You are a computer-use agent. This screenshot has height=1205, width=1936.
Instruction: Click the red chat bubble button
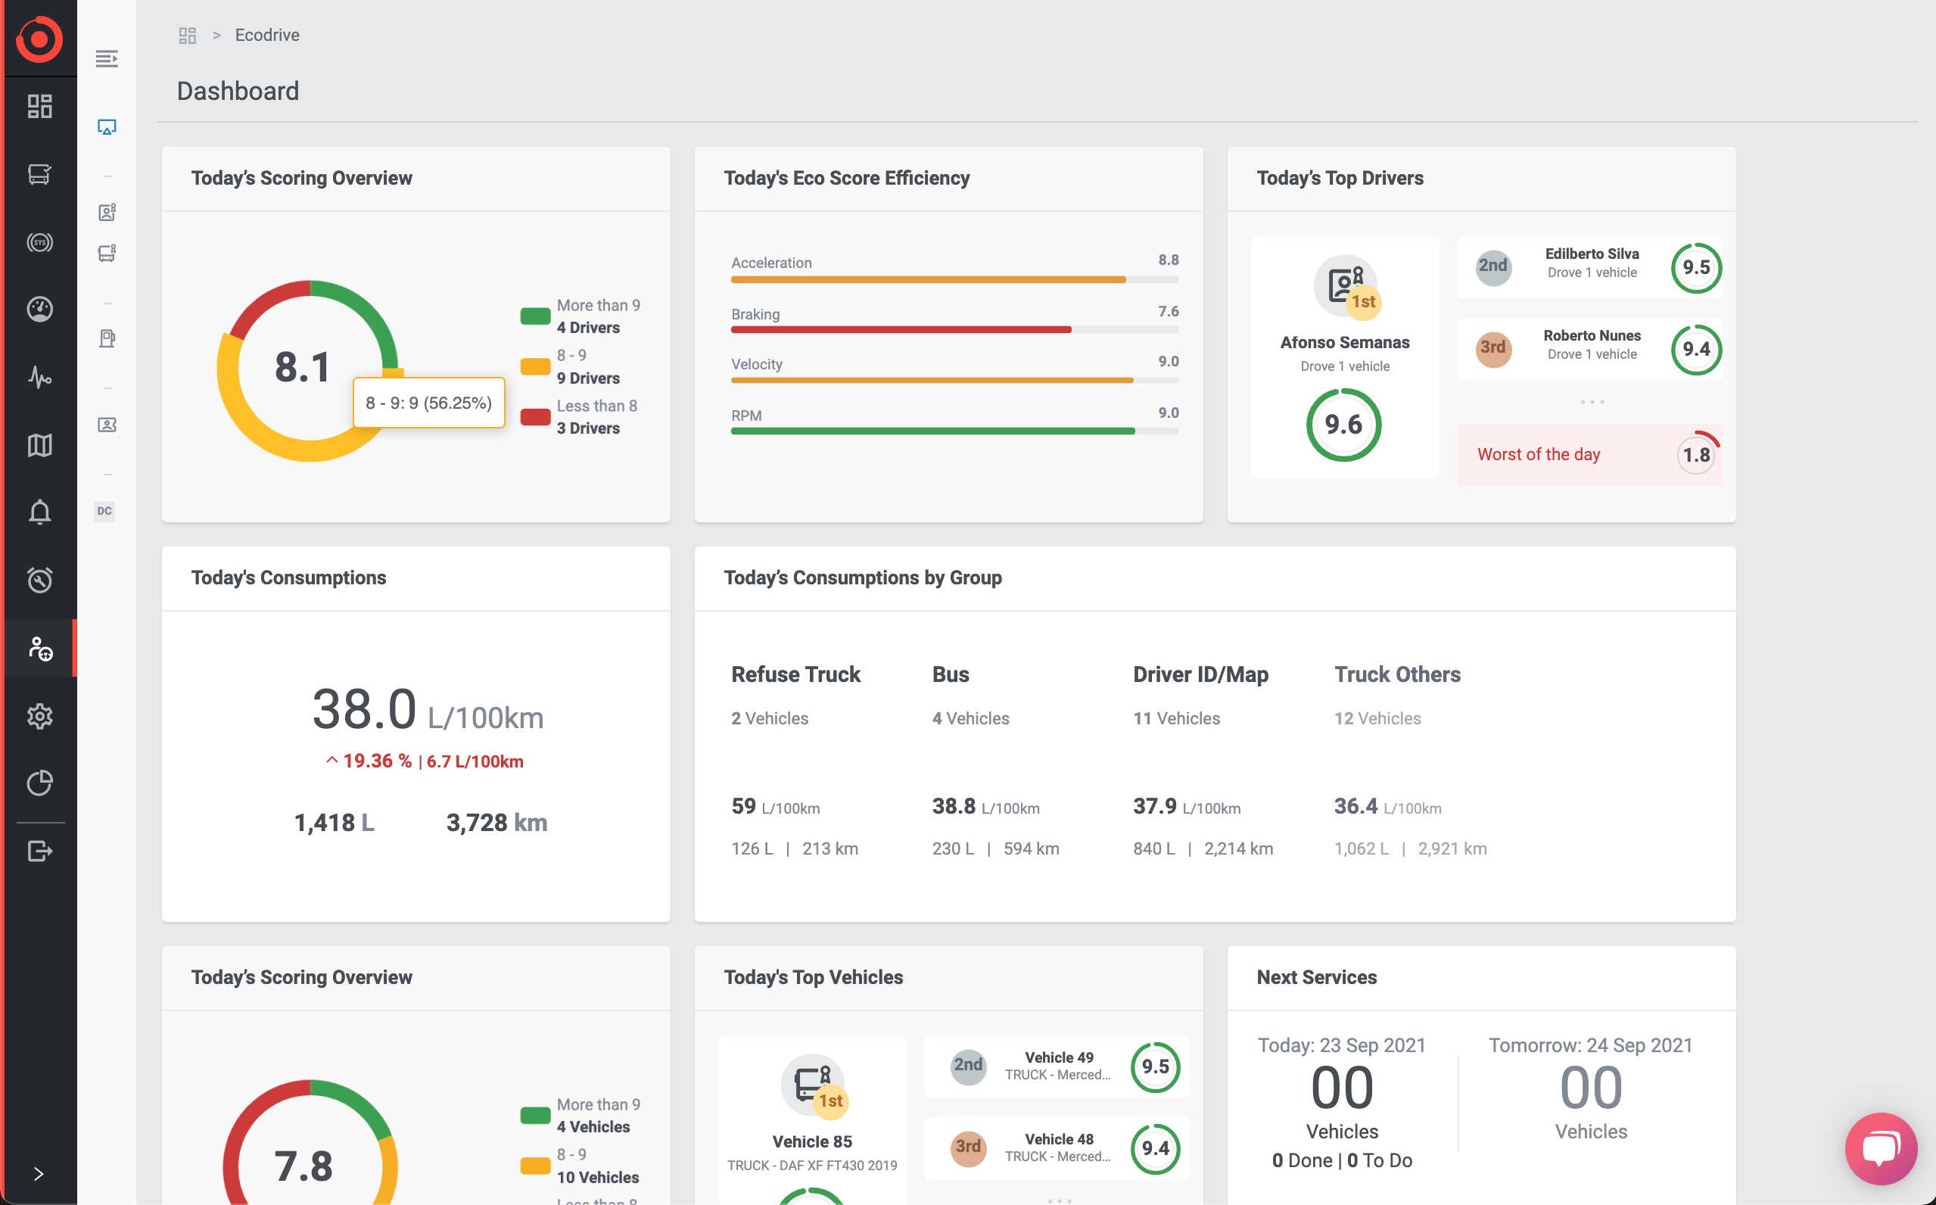click(x=1880, y=1148)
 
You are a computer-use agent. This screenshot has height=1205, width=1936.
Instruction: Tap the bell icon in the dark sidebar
click(x=40, y=512)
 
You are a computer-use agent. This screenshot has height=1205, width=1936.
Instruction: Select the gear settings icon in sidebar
click(x=40, y=716)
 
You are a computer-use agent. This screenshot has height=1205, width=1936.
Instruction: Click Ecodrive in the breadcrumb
click(x=267, y=35)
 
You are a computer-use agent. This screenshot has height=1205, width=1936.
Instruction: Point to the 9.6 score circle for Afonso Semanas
click(x=1343, y=425)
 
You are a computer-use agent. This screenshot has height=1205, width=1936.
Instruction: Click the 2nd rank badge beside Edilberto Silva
click(x=1493, y=266)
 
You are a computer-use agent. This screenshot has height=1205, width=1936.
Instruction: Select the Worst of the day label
click(x=1539, y=454)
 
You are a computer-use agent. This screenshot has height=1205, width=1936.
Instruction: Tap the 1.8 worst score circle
click(x=1695, y=455)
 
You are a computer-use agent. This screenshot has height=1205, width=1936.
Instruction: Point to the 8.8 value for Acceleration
click(x=1168, y=260)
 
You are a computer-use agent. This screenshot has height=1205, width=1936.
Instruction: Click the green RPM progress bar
click(x=932, y=431)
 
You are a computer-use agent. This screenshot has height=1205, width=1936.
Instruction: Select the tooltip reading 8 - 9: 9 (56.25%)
click(x=428, y=403)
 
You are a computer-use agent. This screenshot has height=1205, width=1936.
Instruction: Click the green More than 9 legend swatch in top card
click(x=535, y=316)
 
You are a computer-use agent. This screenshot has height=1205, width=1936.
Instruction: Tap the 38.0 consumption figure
click(x=364, y=708)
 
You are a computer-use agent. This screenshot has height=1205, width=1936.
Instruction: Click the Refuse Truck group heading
click(x=795, y=674)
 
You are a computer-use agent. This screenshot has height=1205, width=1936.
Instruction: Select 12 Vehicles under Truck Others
click(x=1377, y=718)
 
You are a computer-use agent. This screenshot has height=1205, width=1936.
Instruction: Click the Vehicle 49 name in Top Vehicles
click(x=1059, y=1057)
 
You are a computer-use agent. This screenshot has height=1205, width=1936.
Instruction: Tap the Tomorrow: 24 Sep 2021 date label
click(x=1590, y=1045)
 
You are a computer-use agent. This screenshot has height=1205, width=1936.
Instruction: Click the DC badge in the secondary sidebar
click(x=104, y=511)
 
